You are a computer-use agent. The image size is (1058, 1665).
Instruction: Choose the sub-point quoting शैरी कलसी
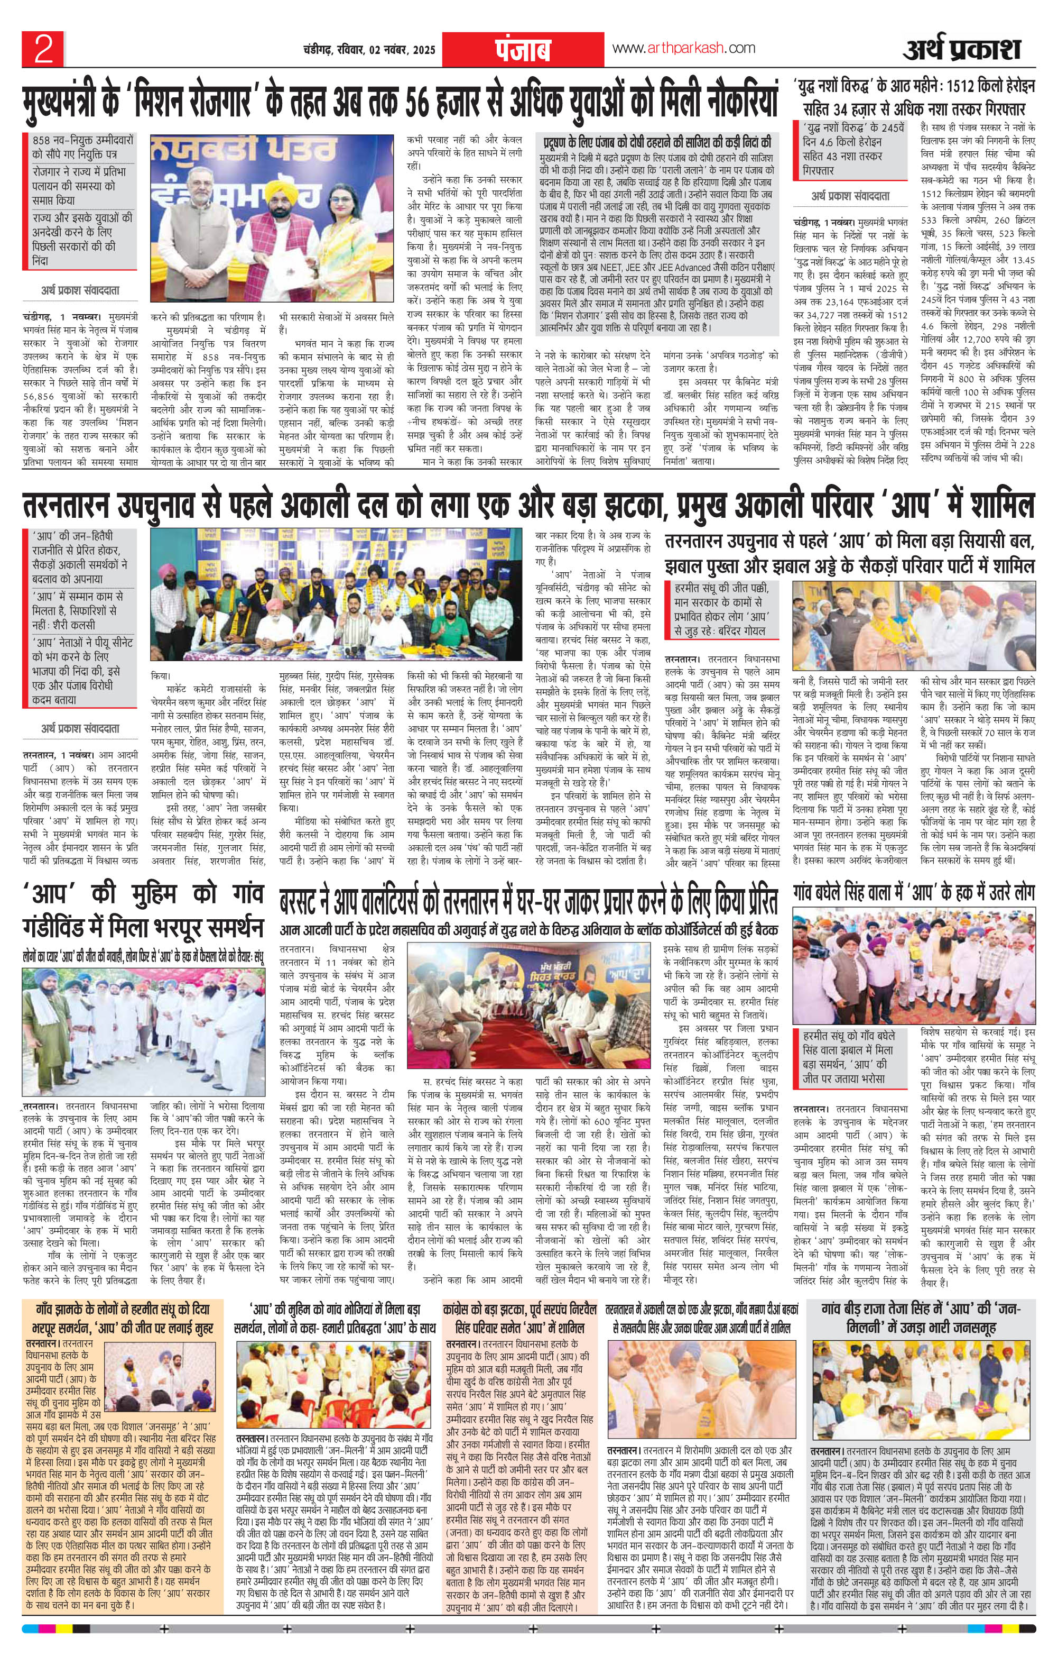81,611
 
